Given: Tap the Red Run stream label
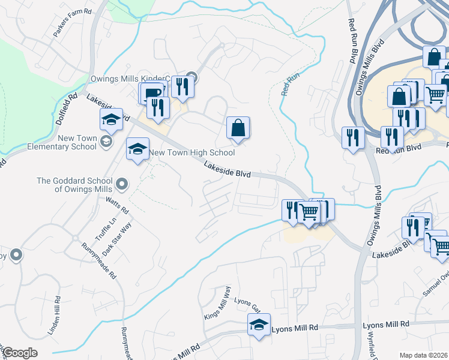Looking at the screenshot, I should point(290,85).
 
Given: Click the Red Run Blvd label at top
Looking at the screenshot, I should point(352,40).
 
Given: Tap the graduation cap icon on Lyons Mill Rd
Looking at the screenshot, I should point(259,325).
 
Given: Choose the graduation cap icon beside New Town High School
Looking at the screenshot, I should point(137,149).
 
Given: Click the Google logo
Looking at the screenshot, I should point(20,353).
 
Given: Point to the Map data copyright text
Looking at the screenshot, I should point(424,355).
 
